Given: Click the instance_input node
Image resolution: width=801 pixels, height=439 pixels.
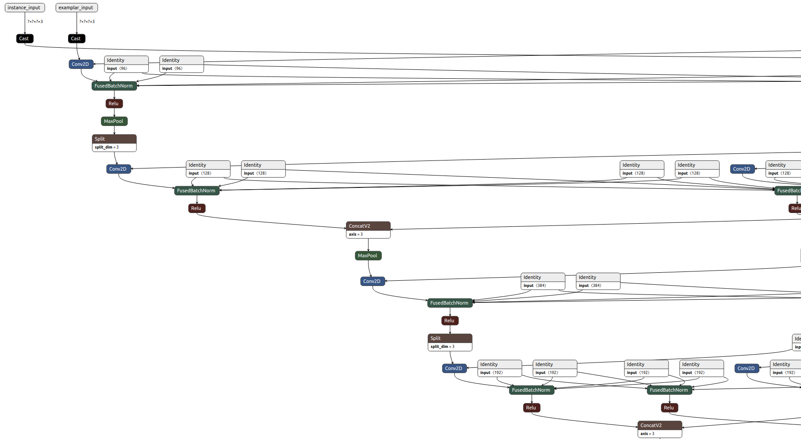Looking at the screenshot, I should tap(24, 8).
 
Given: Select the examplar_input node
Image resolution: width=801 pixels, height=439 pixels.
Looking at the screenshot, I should tap(76, 8).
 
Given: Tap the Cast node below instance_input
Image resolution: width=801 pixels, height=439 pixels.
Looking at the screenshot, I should tap(24, 38).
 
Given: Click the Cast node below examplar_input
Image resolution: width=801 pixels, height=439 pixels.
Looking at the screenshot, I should tap(76, 38).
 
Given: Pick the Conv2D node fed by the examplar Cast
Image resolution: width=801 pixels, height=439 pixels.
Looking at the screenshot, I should tap(81, 64).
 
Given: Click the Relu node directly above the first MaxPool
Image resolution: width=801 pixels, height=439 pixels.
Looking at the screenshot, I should tap(114, 103).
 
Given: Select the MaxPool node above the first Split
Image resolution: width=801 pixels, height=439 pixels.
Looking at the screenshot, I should tap(114, 121).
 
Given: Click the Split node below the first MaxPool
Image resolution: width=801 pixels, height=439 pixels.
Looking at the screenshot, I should tap(114, 139).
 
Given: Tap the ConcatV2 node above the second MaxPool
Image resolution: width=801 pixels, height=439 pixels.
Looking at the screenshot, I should tap(368, 226).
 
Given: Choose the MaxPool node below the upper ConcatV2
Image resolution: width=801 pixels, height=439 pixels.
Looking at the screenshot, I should tap(368, 256).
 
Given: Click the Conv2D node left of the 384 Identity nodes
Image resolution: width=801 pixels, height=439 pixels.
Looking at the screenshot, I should tap(372, 281).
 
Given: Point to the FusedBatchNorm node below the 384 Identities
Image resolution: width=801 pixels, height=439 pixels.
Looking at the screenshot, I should tap(449, 303).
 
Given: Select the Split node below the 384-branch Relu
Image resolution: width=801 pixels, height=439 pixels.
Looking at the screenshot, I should tap(450, 338).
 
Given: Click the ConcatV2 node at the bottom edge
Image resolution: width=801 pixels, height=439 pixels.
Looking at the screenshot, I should tap(660, 425).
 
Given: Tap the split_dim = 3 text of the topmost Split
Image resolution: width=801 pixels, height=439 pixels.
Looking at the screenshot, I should tap(106, 147).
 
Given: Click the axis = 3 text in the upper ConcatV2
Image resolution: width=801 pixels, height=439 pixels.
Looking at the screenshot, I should tap(356, 234).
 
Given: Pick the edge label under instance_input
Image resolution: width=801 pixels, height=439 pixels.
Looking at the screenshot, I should tap(35, 22).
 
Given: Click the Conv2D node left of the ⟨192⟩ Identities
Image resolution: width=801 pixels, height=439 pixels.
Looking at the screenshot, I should tap(454, 368).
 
